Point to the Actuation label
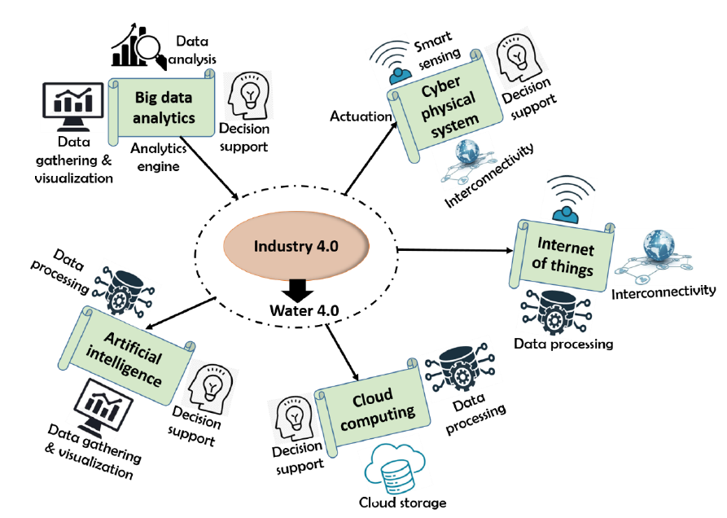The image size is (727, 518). (x=361, y=116)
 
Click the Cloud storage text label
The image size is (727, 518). (x=402, y=503)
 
